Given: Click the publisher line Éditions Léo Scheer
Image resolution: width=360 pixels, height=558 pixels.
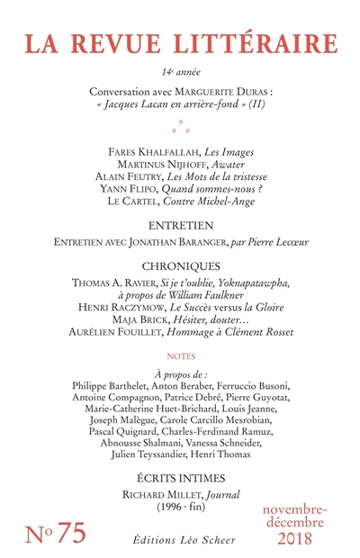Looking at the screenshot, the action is (180, 538).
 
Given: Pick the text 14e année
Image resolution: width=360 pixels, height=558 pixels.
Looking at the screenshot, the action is (180, 70).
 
